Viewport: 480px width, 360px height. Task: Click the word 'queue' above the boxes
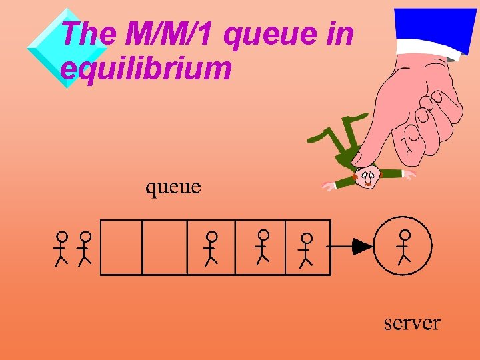pyautogui.click(x=173, y=187)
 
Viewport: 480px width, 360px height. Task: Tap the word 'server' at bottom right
pyautogui.click(x=411, y=324)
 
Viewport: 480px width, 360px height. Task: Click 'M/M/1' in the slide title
pyautogui.click(x=171, y=34)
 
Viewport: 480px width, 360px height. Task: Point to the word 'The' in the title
pyautogui.click(x=87, y=34)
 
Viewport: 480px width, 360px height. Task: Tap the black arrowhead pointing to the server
pyautogui.click(x=363, y=247)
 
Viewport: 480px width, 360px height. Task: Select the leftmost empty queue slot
pyautogui.click(x=121, y=247)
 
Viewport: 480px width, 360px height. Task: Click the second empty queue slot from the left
pyautogui.click(x=165, y=247)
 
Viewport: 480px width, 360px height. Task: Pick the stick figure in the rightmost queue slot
pyautogui.click(x=307, y=249)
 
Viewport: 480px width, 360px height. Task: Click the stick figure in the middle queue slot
pyautogui.click(x=211, y=247)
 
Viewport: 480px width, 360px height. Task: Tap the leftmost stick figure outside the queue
pyautogui.click(x=61, y=248)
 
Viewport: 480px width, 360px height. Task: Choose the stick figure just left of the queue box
pyautogui.click(x=85, y=248)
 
